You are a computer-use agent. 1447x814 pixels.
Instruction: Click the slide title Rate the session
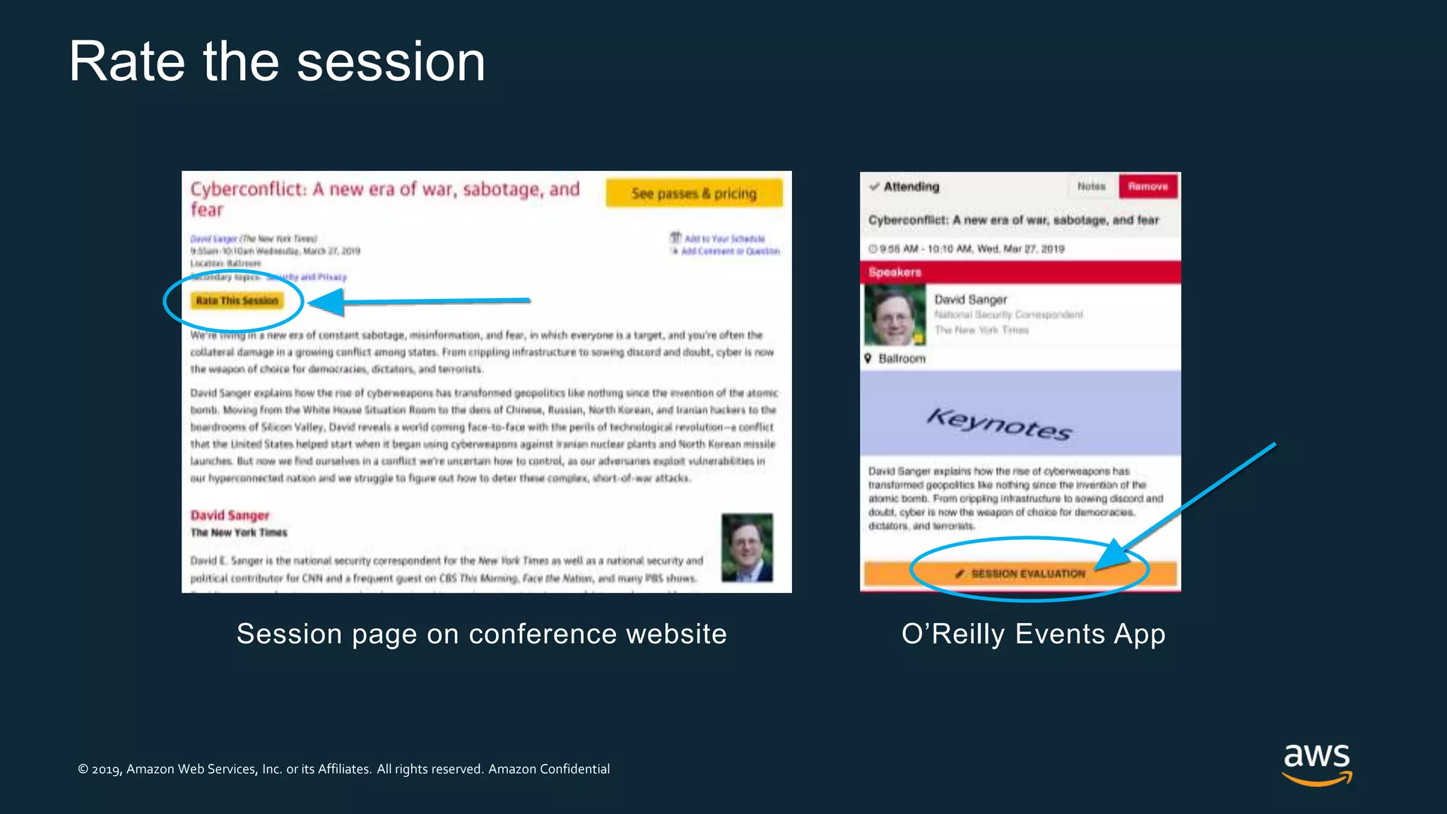pyautogui.click(x=277, y=62)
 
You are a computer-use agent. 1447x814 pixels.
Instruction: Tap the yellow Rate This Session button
pyautogui.click(x=237, y=301)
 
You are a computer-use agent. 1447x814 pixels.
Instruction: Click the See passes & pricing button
pyautogui.click(x=694, y=193)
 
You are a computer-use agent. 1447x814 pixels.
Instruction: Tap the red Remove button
pyautogui.click(x=1147, y=187)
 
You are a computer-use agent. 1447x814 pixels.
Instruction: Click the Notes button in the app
pyautogui.click(x=1091, y=187)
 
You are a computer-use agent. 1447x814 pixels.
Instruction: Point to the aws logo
pyautogui.click(x=1316, y=764)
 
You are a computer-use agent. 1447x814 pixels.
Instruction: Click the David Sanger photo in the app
pyautogui.click(x=894, y=315)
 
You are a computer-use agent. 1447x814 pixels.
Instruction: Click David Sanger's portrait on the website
pyautogui.click(x=747, y=548)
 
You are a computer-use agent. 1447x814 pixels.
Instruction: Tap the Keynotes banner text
pyautogui.click(x=999, y=423)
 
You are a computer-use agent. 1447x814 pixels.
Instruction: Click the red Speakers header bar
pyautogui.click(x=1020, y=272)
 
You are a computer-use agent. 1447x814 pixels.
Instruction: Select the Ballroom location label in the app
pyautogui.click(x=901, y=359)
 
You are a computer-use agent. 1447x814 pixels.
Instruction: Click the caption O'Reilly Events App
pyautogui.click(x=1033, y=634)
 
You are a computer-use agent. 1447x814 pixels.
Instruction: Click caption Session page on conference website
pyautogui.click(x=481, y=634)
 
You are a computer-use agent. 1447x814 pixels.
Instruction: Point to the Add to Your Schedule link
pyautogui.click(x=723, y=239)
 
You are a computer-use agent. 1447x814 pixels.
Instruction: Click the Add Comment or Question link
pyautogui.click(x=729, y=251)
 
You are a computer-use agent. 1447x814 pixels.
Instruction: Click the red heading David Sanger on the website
pyautogui.click(x=230, y=515)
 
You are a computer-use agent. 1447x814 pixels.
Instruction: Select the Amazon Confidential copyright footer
pyautogui.click(x=343, y=769)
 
